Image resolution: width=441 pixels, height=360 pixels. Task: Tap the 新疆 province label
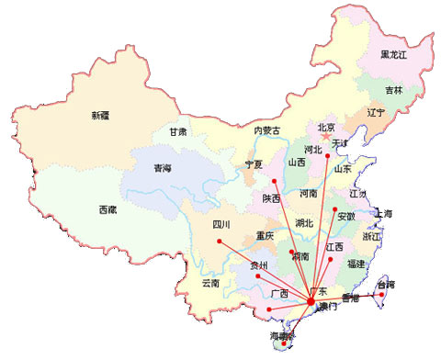coord(100,115)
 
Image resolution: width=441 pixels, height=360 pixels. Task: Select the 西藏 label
coord(107,210)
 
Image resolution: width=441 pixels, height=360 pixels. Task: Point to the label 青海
coord(163,169)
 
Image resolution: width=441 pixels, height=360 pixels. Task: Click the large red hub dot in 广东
coord(311,301)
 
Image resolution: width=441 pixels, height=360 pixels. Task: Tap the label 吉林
coord(393,90)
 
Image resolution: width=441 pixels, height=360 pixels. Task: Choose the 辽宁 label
coord(375,112)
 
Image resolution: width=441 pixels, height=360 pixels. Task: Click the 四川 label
coord(220,224)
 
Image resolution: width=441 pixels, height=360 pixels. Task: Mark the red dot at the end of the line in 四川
coord(220,242)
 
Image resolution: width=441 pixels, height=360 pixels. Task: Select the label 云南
coord(210,284)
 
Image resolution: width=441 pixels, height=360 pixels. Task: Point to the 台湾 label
coord(388,286)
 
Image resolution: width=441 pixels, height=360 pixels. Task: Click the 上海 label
coord(383,215)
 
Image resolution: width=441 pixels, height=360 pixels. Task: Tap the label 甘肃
coord(177,131)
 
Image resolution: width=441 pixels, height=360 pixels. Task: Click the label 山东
coord(342,169)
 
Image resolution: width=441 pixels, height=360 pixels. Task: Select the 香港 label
coord(350,298)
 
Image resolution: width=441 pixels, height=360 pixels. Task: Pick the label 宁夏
coord(254,164)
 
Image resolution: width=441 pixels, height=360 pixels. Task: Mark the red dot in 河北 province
coord(328,157)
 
